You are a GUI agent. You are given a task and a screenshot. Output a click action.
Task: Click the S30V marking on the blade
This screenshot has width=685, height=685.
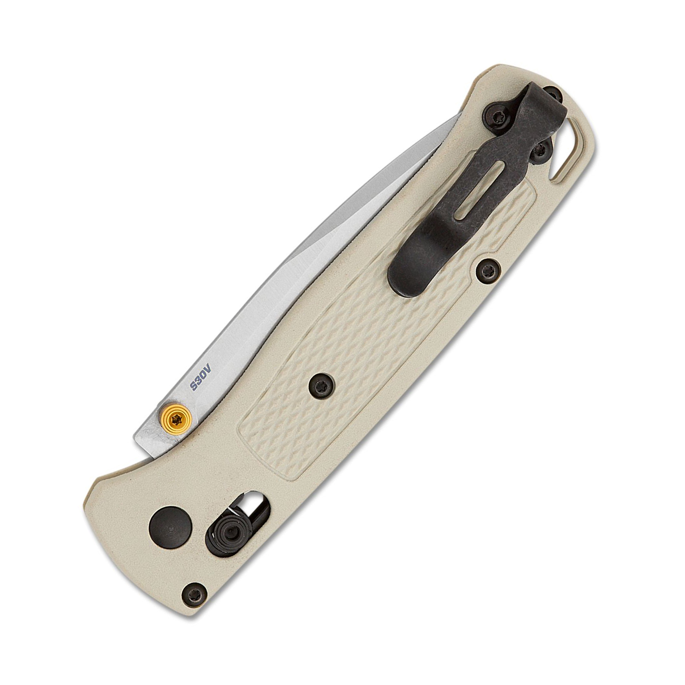click(x=201, y=376)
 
